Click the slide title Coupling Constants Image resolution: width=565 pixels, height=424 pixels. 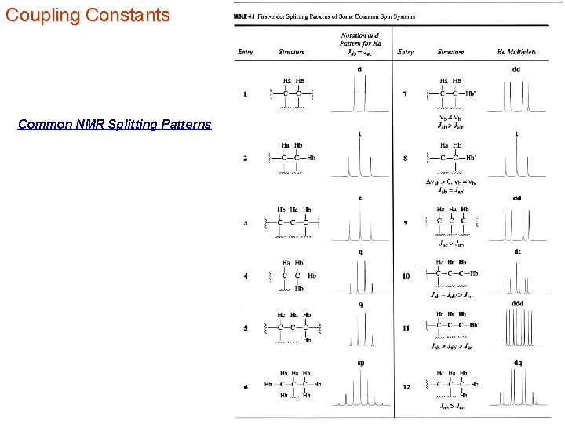tap(87, 15)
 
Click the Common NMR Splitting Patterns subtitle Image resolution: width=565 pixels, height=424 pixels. tap(115, 124)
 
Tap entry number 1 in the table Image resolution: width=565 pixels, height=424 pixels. tap(245, 94)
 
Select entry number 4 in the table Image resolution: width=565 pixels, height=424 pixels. tap(245, 276)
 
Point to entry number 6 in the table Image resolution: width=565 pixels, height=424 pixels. tap(245, 387)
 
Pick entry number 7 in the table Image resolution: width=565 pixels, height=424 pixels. tap(405, 94)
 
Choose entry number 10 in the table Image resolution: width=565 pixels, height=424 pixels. tap(406, 276)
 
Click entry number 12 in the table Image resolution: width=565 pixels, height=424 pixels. tap(406, 387)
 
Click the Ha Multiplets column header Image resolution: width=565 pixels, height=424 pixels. tap(516, 52)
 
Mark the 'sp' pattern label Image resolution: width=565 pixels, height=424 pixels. tap(360, 363)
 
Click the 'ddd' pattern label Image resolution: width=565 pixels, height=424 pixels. tap(517, 303)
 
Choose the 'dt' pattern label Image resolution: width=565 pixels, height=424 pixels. tap(517, 252)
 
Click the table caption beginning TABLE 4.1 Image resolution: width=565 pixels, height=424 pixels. tap(325, 16)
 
